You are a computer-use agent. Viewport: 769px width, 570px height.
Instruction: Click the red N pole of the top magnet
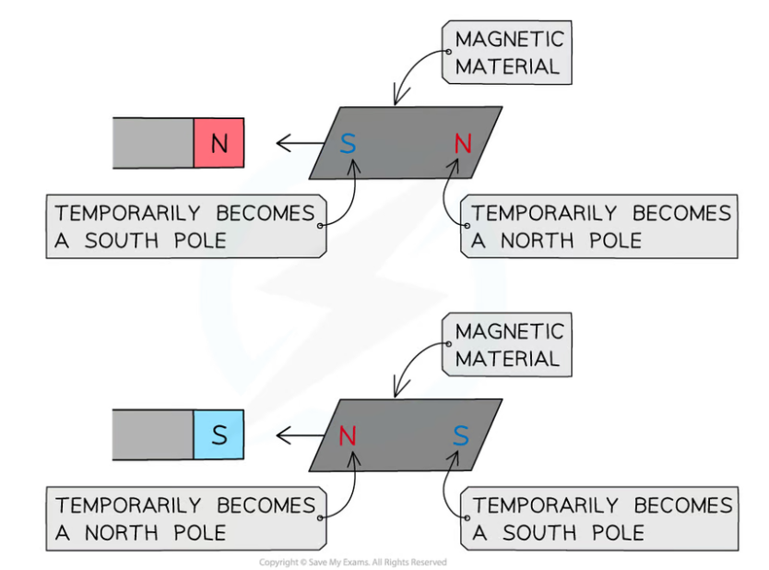click(219, 143)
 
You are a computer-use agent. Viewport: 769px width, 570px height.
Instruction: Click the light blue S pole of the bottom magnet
click(219, 434)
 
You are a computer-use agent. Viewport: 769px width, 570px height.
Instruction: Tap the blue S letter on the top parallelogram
click(348, 143)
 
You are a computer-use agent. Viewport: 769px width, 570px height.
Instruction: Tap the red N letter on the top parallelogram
click(463, 143)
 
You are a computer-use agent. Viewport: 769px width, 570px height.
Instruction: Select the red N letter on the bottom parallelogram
click(348, 435)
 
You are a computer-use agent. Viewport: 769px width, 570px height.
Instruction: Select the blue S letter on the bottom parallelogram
click(461, 435)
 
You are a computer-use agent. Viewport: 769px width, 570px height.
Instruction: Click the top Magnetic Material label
click(507, 53)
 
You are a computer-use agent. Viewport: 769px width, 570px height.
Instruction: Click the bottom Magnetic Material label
click(507, 345)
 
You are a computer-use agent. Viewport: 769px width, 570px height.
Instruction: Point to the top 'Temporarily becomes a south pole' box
click(184, 227)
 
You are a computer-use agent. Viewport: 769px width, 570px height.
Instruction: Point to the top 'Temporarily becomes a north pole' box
click(600, 227)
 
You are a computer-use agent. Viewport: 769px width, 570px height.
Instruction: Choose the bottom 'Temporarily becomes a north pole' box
click(184, 519)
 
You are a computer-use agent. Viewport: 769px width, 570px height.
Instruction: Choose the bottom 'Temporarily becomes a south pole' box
click(600, 519)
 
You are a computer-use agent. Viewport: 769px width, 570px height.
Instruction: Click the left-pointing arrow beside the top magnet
click(295, 143)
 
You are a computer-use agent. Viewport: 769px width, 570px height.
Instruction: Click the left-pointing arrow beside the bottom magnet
click(295, 434)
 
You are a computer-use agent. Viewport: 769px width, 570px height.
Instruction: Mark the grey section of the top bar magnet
click(153, 143)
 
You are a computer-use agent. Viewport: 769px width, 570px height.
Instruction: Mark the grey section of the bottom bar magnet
click(153, 434)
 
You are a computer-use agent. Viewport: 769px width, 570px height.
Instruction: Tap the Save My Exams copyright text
click(352, 562)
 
